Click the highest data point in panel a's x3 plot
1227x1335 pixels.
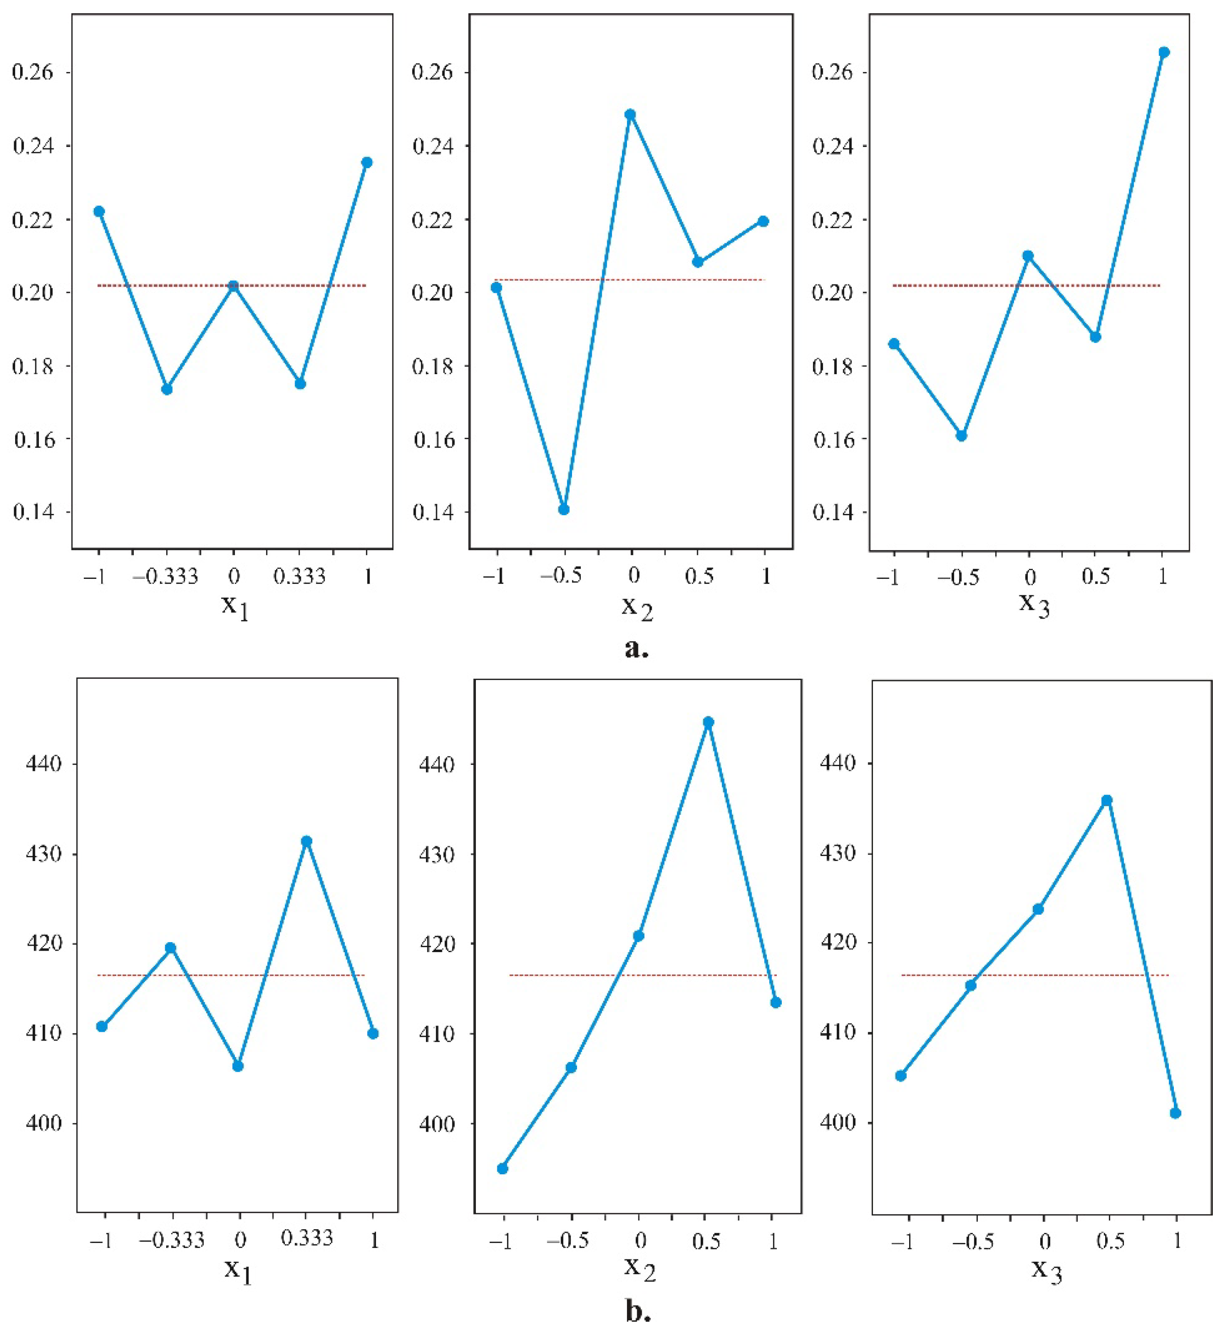tap(1163, 52)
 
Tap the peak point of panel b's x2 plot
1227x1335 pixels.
tap(708, 722)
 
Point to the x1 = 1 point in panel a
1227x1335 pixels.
tap(366, 162)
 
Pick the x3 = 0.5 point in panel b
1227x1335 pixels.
tap(1106, 801)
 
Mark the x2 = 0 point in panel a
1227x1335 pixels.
tap(630, 114)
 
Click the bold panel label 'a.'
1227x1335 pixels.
tap(637, 648)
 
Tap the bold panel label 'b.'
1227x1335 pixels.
tap(638, 1311)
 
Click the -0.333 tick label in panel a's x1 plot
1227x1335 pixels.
tap(166, 576)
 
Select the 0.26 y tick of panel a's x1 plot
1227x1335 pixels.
tap(32, 72)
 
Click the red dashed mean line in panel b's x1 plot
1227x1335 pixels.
tap(199, 975)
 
